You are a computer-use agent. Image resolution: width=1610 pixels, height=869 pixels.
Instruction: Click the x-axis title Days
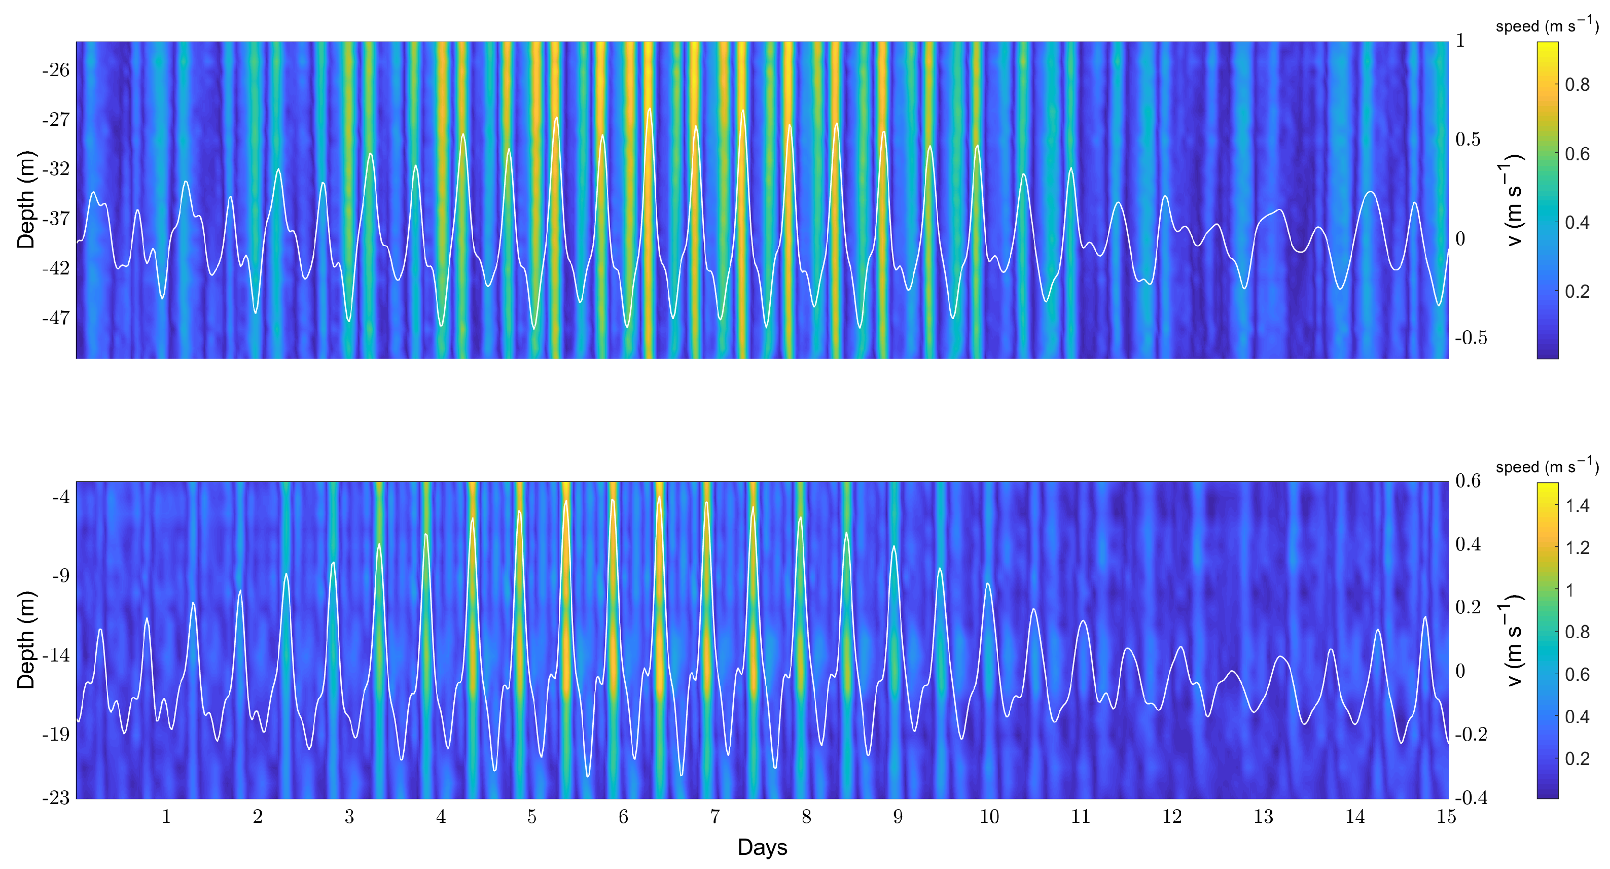pos(762,847)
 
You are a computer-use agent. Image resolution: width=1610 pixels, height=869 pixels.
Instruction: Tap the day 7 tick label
pos(714,816)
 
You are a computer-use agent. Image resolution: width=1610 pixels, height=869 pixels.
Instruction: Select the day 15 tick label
pos(1446,816)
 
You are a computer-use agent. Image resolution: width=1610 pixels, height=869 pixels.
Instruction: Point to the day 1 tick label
pos(166,816)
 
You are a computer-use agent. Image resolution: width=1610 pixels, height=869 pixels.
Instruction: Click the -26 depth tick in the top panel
pos(56,70)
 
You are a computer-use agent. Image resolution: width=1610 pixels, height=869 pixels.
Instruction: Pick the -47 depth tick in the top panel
pos(56,318)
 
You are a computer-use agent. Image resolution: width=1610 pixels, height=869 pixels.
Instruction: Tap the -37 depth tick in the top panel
pos(56,219)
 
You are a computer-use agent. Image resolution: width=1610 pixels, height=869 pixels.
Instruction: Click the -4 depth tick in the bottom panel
pos(61,497)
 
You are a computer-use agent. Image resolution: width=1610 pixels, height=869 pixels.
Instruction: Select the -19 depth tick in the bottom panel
pos(56,735)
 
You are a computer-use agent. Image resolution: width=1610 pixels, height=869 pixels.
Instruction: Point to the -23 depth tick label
pos(56,798)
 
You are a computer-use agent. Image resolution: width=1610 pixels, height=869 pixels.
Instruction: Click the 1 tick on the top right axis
pos(1460,41)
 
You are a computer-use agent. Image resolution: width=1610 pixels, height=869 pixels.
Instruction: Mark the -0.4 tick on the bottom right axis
pos(1471,798)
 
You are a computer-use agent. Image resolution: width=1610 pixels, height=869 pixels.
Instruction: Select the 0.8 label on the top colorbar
pos(1577,85)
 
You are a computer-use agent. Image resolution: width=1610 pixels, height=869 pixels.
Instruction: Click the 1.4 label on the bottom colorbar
pos(1577,506)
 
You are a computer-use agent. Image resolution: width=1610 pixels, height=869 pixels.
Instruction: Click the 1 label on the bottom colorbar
pos(1569,590)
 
